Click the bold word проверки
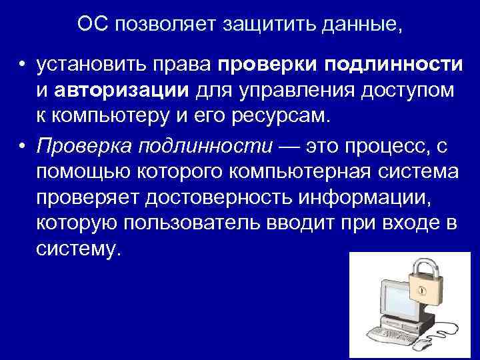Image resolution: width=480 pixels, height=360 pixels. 267,65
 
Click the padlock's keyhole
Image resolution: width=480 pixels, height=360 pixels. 421,291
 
